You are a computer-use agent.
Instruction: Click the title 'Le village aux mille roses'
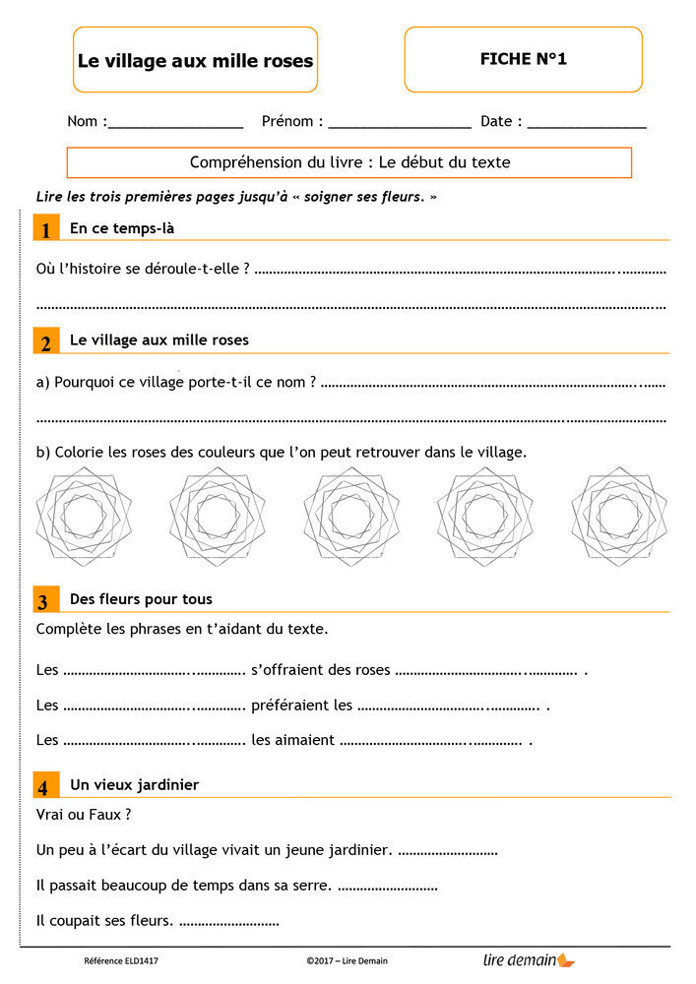coord(195,60)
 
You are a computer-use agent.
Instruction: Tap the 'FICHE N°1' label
coord(523,59)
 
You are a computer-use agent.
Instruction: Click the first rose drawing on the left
coord(83,515)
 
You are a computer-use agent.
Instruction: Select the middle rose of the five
coord(349,515)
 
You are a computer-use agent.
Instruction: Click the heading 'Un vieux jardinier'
coord(134,785)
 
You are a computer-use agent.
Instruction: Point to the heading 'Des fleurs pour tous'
coord(141,599)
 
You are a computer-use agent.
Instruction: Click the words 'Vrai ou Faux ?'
coord(83,815)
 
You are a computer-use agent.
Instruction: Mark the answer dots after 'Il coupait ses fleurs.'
coord(229,923)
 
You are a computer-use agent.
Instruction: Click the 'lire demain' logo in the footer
coord(529,959)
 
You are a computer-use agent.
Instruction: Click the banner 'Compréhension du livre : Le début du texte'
coord(349,162)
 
